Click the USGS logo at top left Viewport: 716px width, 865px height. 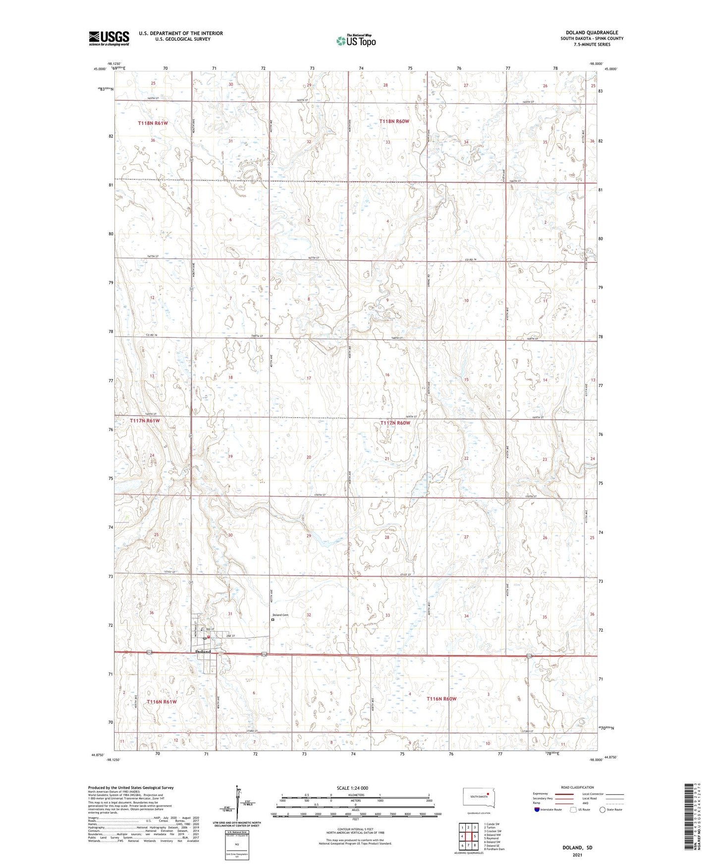tap(109, 38)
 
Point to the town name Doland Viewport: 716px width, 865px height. tap(203, 651)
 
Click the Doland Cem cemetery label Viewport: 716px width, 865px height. tap(280, 615)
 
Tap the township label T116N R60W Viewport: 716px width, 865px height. tap(441, 699)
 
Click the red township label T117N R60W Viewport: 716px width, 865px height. tap(395, 423)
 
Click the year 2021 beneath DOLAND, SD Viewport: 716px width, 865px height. tap(577, 855)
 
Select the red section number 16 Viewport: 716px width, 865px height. tap(387, 375)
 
